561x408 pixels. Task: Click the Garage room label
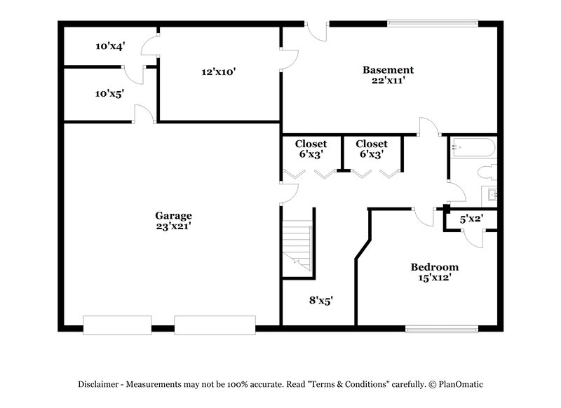coord(173,215)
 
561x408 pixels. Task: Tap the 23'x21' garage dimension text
coord(173,226)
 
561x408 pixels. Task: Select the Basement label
coord(388,69)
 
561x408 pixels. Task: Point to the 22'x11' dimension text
coord(388,81)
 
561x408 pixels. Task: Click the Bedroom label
coord(434,267)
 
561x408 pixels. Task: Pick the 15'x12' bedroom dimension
coord(434,278)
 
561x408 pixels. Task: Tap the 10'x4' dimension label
coord(110,46)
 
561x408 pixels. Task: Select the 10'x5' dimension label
coord(110,93)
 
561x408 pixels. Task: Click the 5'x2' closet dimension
coord(471,219)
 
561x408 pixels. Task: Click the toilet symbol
coord(487,172)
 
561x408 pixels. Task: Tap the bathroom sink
coord(490,194)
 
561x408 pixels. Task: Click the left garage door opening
coord(117,325)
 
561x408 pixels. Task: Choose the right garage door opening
coord(215,325)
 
